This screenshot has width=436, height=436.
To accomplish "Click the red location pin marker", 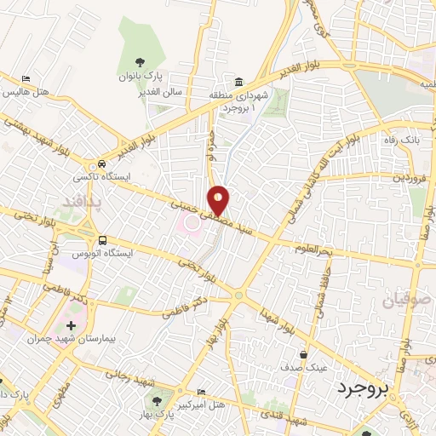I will [220, 199].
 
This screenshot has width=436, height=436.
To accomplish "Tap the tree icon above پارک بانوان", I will [141, 61].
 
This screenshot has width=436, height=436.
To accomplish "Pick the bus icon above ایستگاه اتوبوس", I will [102, 240].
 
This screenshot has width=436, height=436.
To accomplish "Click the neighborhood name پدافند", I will [81, 201].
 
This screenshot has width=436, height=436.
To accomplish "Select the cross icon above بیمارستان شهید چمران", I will [71, 326].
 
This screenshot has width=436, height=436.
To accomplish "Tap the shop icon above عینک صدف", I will [303, 354].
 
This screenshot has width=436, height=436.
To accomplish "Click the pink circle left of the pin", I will [192, 223].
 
